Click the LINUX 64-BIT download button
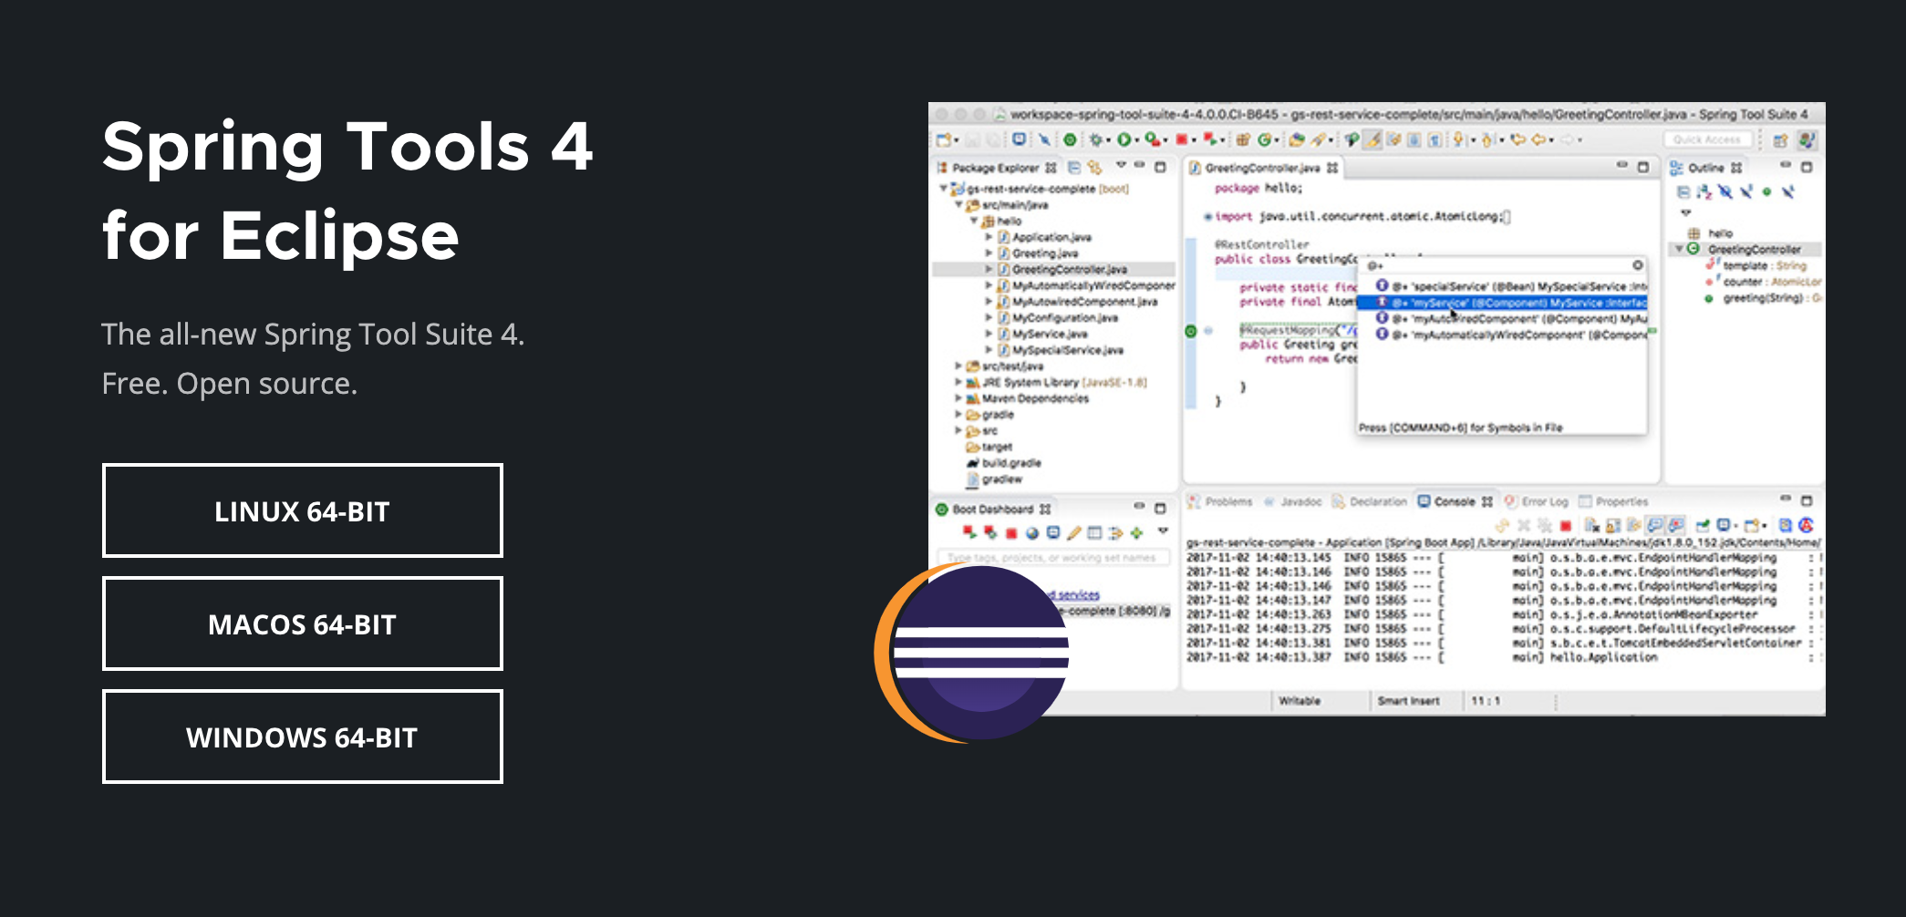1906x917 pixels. pyautogui.click(x=302, y=510)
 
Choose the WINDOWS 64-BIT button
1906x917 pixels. pyautogui.click(x=302, y=737)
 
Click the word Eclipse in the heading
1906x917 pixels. pyautogui.click(x=339, y=236)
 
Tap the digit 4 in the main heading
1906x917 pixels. pyautogui.click(x=572, y=146)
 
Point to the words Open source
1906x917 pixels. pyautogui.click(x=265, y=384)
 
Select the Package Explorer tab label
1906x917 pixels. pyautogui.click(x=995, y=168)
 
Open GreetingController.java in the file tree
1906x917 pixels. pyautogui.click(x=1069, y=270)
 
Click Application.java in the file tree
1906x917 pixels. pyautogui.click(x=1051, y=237)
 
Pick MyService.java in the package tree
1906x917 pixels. pyautogui.click(x=1049, y=334)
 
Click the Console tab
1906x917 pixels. pyautogui.click(x=1454, y=501)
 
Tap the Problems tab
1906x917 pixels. pyautogui.click(x=1228, y=501)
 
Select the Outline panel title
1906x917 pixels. pyautogui.click(x=1705, y=168)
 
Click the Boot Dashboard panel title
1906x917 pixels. pyautogui.click(x=992, y=509)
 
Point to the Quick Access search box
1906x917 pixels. pyautogui.click(x=1706, y=139)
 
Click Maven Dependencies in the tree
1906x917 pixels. pyautogui.click(x=1035, y=398)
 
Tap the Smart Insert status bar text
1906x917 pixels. pyautogui.click(x=1408, y=701)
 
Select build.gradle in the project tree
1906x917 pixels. pyautogui.click(x=1011, y=463)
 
